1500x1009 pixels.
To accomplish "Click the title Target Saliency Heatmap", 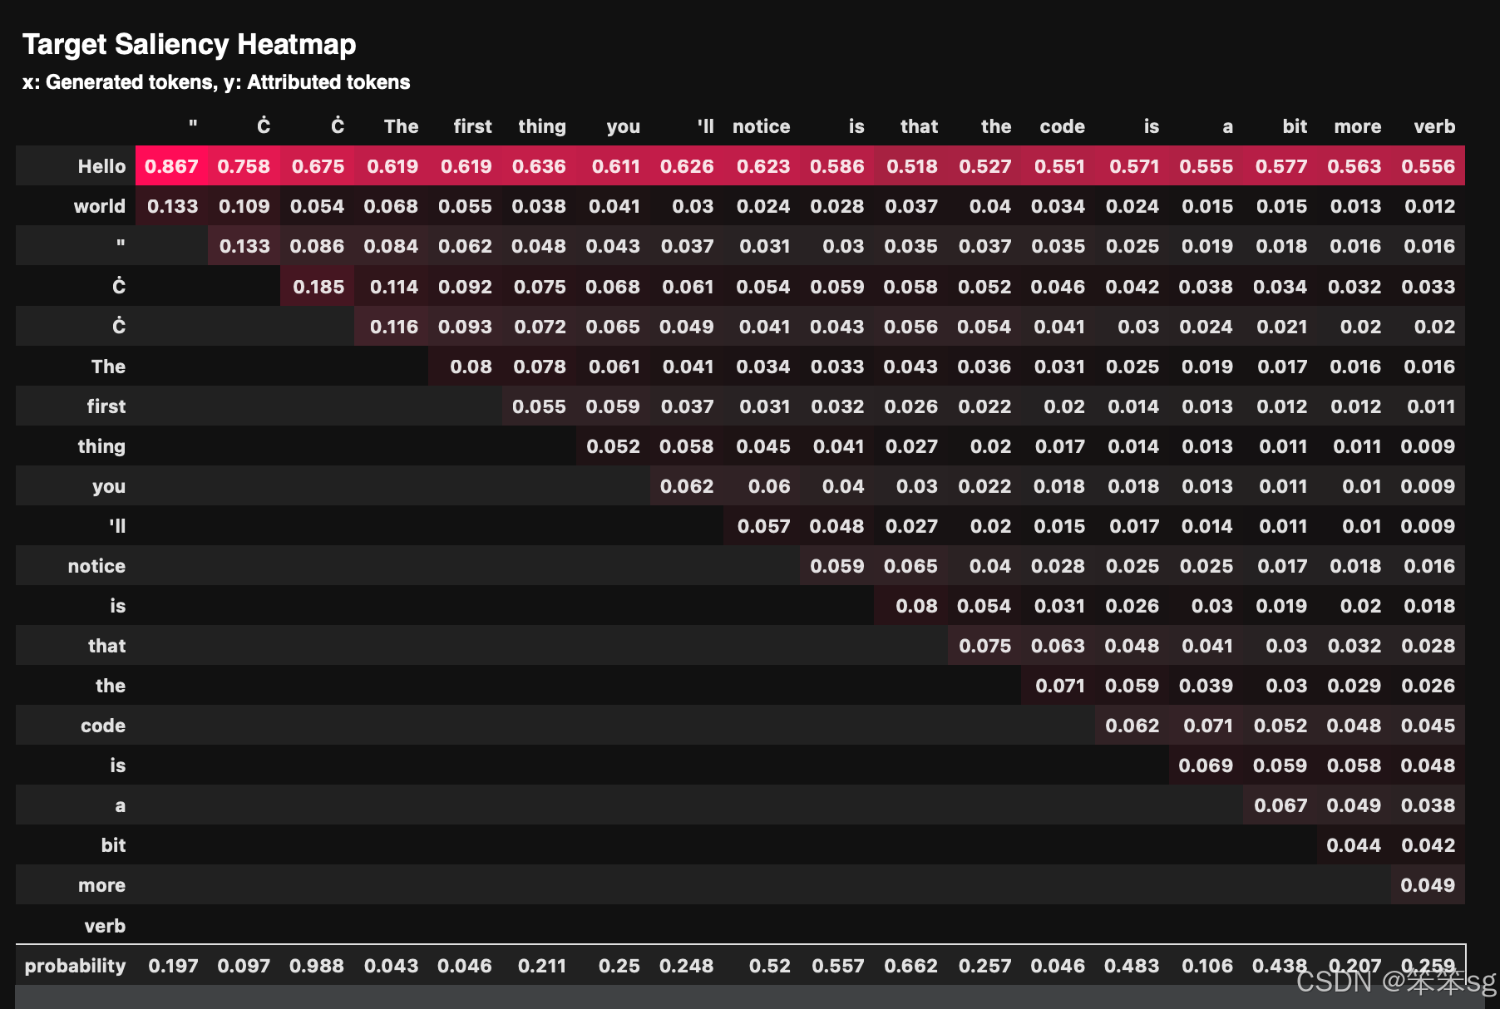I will [189, 44].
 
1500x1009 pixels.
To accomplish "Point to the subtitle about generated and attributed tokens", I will [216, 82].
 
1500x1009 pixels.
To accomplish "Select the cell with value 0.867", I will [171, 166].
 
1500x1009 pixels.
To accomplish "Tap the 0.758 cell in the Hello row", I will [244, 166].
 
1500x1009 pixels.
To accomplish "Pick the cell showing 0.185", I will [318, 287].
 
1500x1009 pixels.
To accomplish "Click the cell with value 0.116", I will [393, 327].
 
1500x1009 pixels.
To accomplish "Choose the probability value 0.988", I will [316, 966].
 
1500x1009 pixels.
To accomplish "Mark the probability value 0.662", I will [910, 966].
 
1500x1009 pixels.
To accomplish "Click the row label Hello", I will [101, 166].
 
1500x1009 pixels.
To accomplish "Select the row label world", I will [100, 206].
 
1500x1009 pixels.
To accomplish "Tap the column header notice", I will [761, 126].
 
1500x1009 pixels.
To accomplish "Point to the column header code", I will [1062, 126].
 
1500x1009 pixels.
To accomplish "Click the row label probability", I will [75, 966].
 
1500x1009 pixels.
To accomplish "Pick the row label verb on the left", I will [105, 926].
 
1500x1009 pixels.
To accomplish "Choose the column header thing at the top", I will [541, 126].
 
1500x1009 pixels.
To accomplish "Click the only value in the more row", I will [1428, 885].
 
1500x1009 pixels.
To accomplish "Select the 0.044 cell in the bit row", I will [1354, 845].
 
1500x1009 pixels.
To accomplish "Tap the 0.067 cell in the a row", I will [1280, 805].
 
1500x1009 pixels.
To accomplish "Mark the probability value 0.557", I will [837, 966].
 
